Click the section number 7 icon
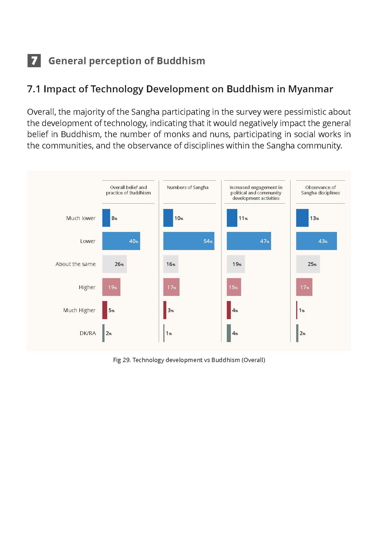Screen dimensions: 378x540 coord(34,60)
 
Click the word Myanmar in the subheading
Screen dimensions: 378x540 coord(310,89)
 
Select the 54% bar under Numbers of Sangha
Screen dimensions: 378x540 coord(189,241)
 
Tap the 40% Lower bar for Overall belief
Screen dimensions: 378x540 coord(121,241)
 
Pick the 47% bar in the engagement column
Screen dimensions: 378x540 coord(249,241)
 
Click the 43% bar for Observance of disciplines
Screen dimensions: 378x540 coord(316,241)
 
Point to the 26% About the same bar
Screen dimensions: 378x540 coord(114,264)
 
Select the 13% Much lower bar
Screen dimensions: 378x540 coord(302,218)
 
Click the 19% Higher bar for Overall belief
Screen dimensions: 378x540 coord(111,287)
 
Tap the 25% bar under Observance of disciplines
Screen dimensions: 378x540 coord(308,264)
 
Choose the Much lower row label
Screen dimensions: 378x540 coord(81,218)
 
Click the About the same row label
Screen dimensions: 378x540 coord(76,264)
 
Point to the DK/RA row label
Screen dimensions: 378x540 coord(88,333)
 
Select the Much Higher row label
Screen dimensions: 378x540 coord(79,310)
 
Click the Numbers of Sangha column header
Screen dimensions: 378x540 coord(188,187)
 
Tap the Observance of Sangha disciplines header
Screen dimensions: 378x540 coord(320,190)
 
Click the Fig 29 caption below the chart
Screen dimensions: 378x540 coord(189,360)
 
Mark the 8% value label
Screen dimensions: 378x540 coord(114,218)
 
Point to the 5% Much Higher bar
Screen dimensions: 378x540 coord(105,310)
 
